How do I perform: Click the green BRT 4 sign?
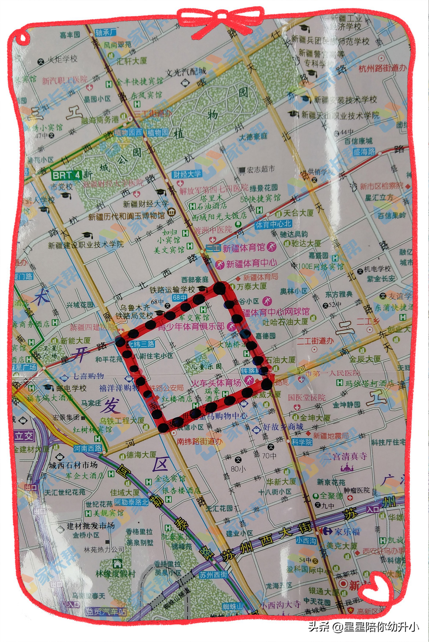(67, 175)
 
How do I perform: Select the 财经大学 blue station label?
(187, 174)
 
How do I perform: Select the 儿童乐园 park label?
(202, 366)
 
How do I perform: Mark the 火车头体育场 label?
(216, 383)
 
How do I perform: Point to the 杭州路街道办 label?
(382, 68)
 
